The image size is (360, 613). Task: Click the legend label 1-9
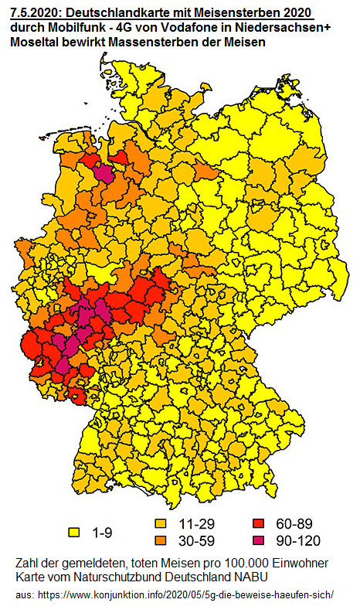point(103,533)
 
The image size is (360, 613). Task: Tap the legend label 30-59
point(195,540)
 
